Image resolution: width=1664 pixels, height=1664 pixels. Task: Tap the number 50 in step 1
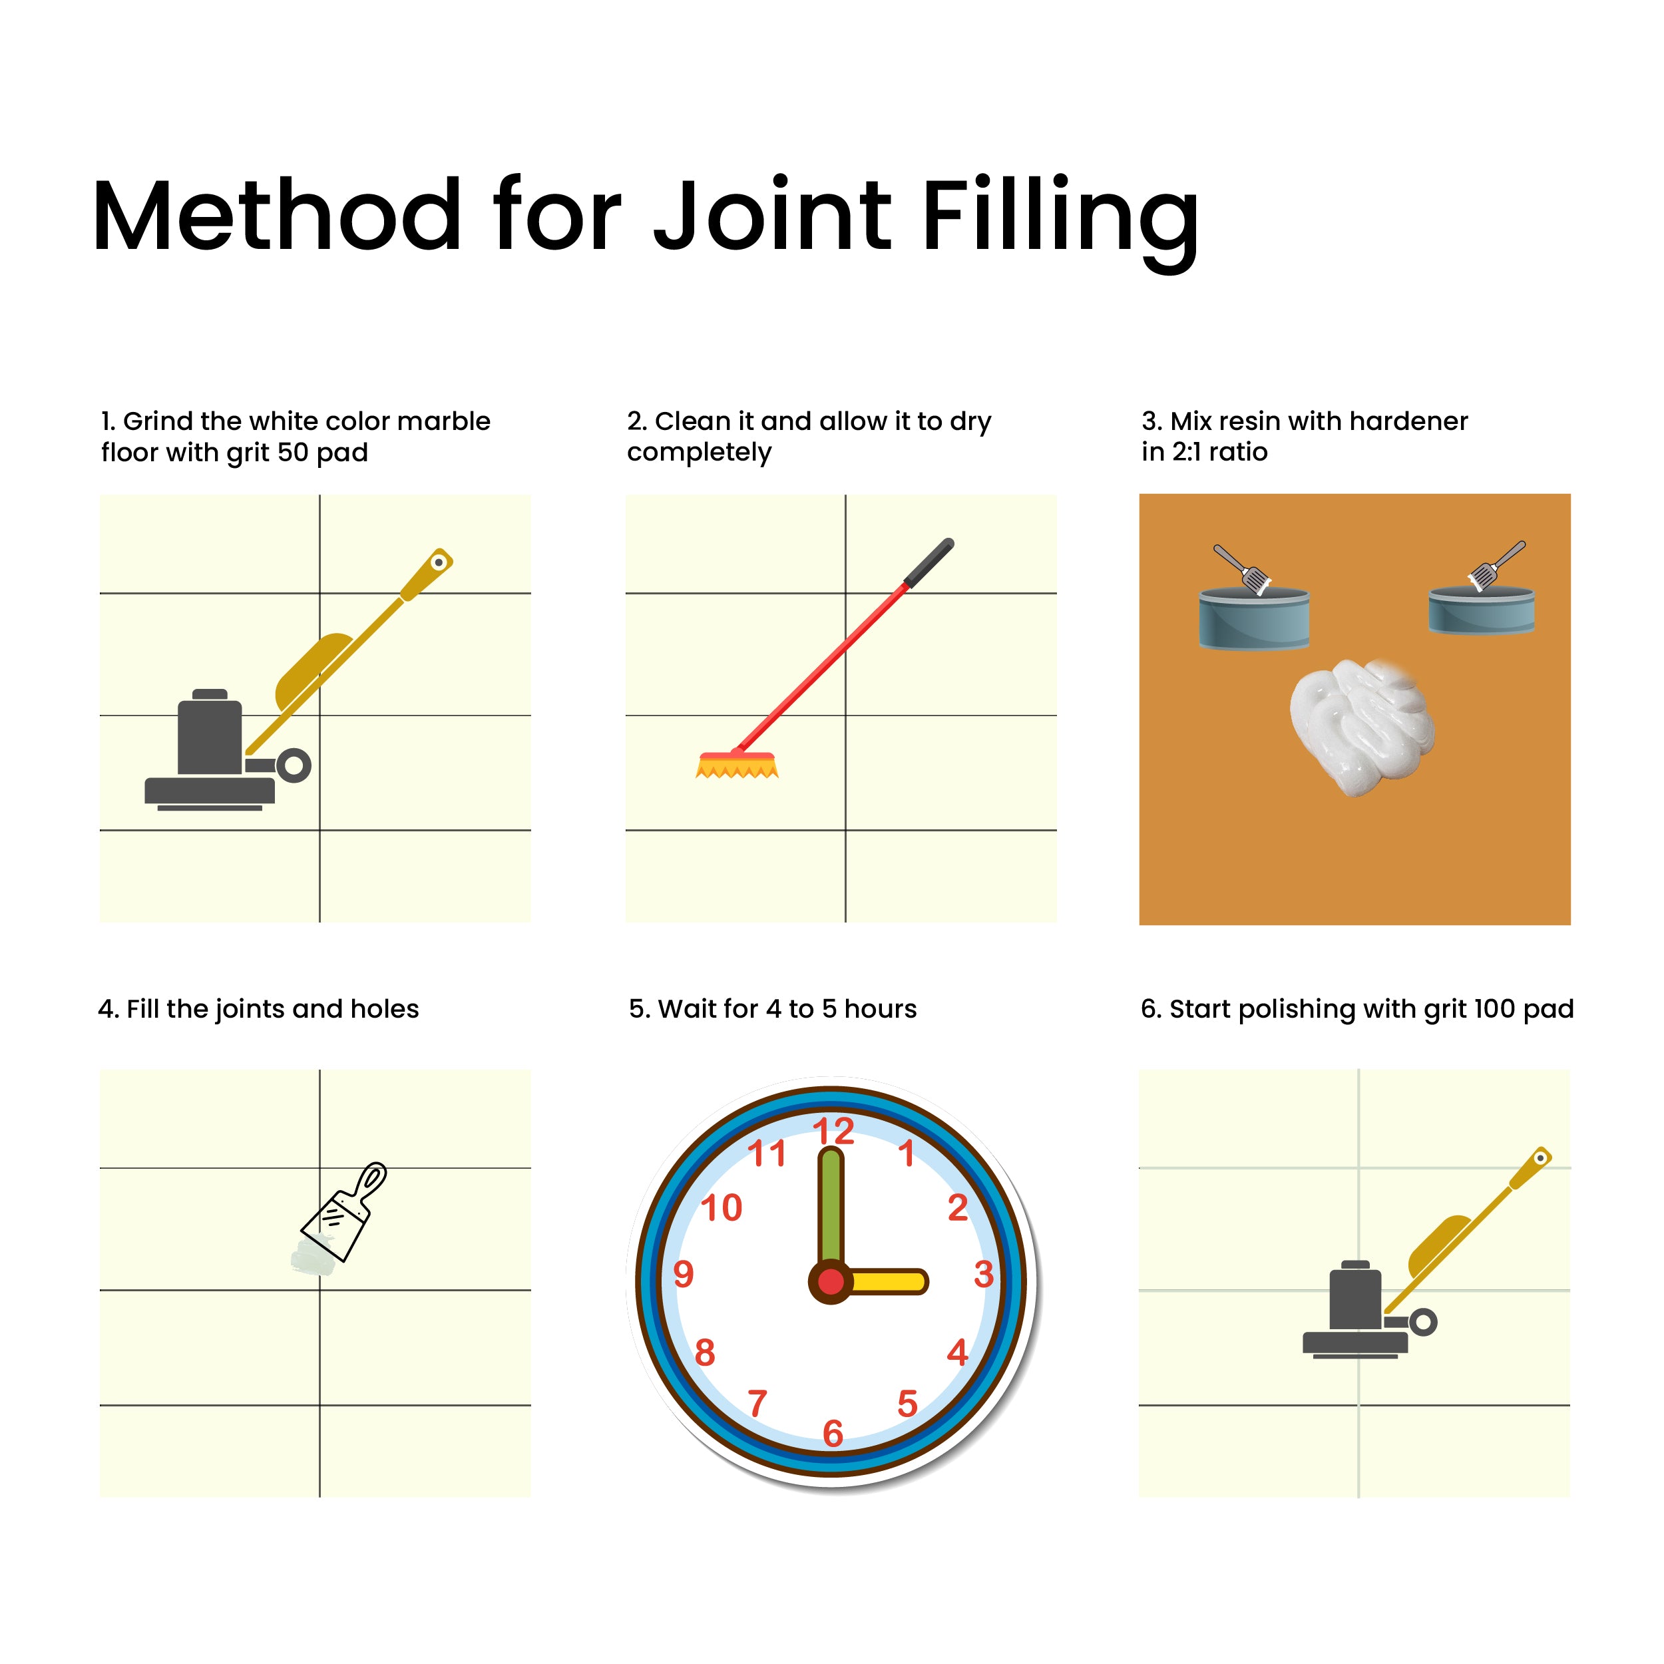pyautogui.click(x=292, y=452)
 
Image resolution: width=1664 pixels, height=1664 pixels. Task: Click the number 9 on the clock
pyautogui.click(x=683, y=1274)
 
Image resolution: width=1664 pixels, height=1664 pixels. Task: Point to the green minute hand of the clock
pyautogui.click(x=830, y=1210)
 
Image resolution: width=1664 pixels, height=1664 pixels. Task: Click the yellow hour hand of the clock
pyautogui.click(x=887, y=1281)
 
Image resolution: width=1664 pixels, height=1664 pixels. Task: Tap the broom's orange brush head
pyautogui.click(x=736, y=765)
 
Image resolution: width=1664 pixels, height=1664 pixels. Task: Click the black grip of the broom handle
pyautogui.click(x=929, y=562)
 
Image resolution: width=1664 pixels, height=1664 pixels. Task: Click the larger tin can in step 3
pyautogui.click(x=1254, y=617)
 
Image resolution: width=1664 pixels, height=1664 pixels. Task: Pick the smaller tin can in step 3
pyautogui.click(x=1482, y=609)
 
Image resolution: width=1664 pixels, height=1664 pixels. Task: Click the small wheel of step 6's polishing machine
pyautogui.click(x=1423, y=1322)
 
